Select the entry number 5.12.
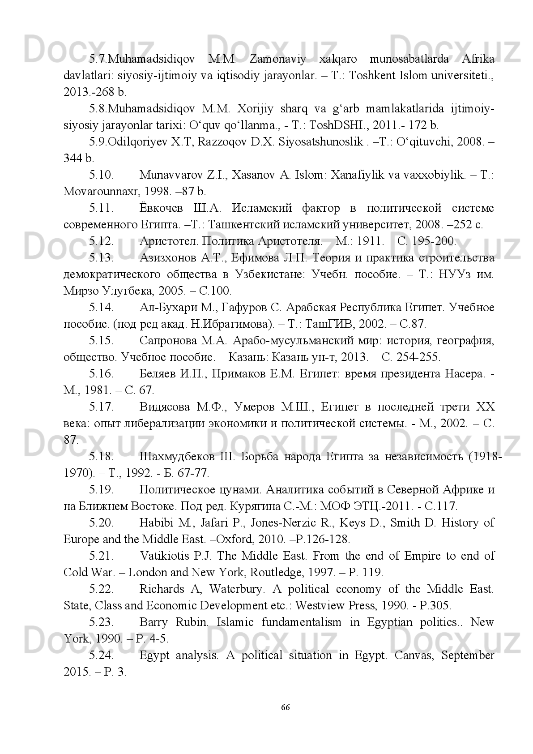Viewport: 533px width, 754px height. point(101,241)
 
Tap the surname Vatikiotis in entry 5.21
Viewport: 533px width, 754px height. point(164,556)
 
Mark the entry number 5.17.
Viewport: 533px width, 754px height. point(101,407)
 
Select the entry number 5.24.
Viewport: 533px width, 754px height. point(101,655)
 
